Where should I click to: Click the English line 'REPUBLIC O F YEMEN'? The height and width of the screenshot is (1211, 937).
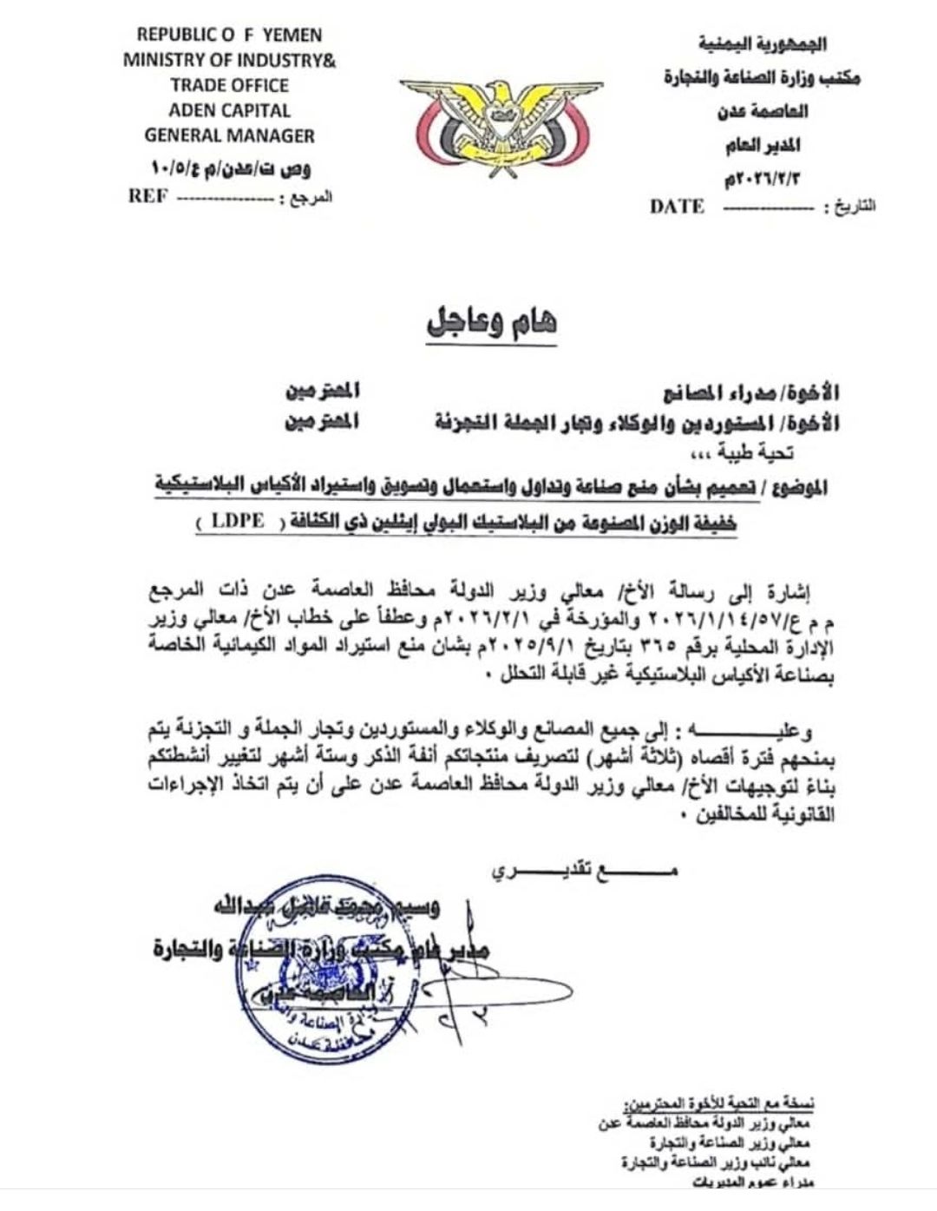pyautogui.click(x=229, y=36)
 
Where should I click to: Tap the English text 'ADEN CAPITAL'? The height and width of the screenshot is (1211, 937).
pyautogui.click(x=229, y=110)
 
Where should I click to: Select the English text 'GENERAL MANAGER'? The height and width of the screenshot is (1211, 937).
pyautogui.click(x=229, y=135)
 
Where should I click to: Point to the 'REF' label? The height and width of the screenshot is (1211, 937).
pyautogui.click(x=147, y=196)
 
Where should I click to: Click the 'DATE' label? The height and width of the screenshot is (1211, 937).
pyautogui.click(x=677, y=207)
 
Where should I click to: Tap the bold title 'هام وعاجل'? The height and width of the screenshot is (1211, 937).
pyautogui.click(x=491, y=323)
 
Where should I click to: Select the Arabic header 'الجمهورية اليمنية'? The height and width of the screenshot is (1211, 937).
pyautogui.click(x=763, y=43)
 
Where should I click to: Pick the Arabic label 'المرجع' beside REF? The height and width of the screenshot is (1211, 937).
pyautogui.click(x=310, y=198)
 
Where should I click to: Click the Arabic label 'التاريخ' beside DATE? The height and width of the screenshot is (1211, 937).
pyautogui.click(x=853, y=207)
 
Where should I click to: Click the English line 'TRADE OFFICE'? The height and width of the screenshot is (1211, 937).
pyautogui.click(x=229, y=85)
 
